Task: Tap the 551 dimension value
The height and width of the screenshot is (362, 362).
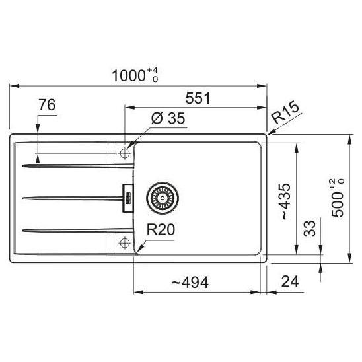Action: tap(198, 98)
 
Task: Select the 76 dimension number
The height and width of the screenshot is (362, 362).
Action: tap(47, 105)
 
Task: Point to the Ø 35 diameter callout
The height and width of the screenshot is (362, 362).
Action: tap(168, 118)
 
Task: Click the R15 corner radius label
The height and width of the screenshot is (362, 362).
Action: tap(285, 112)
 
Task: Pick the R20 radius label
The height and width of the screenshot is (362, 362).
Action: tap(161, 229)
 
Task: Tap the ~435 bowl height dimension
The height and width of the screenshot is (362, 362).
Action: tap(285, 201)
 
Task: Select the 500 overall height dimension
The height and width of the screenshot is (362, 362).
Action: tap(337, 198)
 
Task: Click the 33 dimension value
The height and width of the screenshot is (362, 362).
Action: tap(310, 229)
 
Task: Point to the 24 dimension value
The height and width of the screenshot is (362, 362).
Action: tap(290, 281)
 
